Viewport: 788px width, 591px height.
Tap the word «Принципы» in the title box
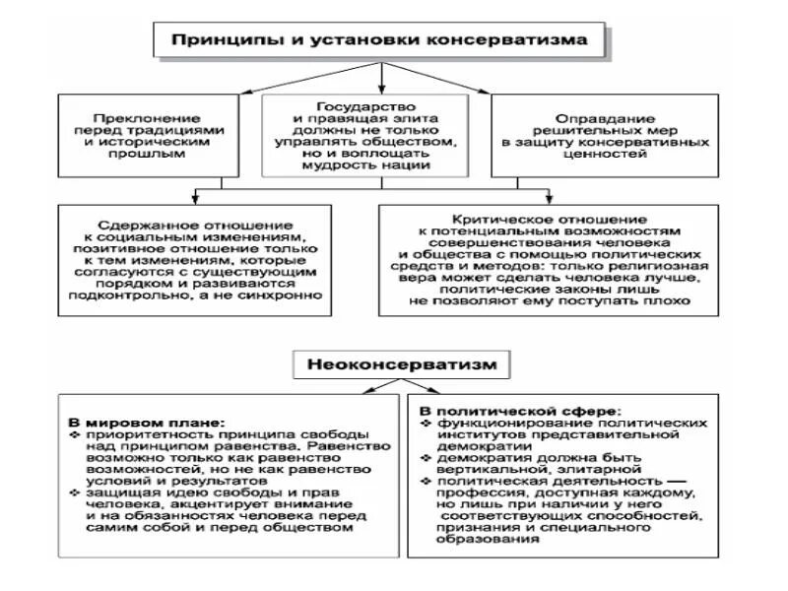tap(221, 40)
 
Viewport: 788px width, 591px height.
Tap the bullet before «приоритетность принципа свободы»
tap(76, 434)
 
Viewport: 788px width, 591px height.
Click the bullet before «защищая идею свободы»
tap(76, 491)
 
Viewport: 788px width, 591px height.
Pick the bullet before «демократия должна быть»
tap(426, 458)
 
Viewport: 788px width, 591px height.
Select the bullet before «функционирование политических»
tap(426, 422)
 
